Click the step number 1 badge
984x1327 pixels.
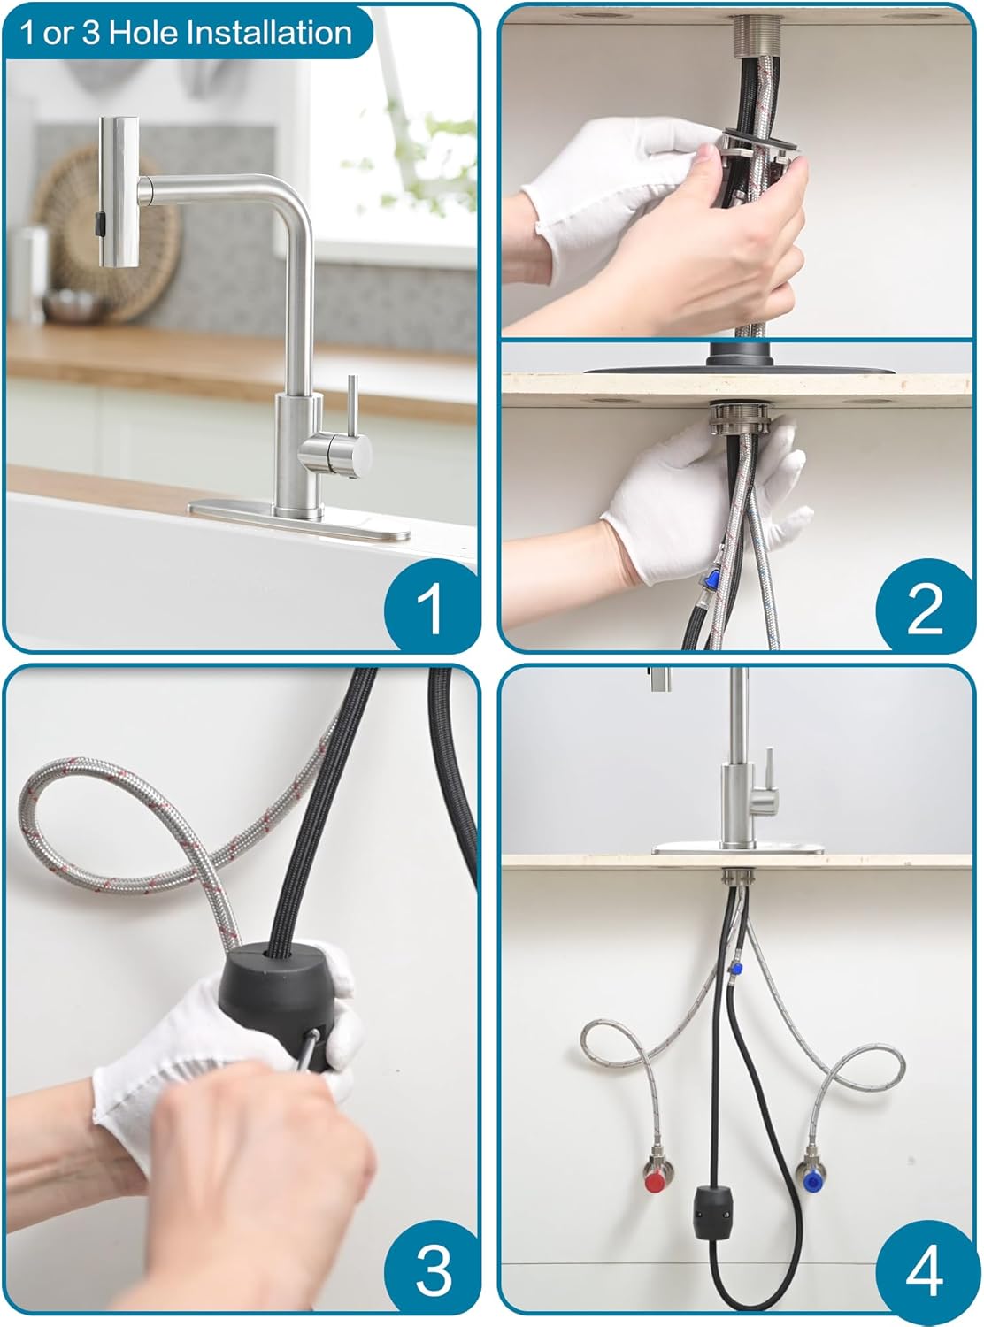431,608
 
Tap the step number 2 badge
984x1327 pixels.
924,608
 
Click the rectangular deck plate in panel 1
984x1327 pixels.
299,520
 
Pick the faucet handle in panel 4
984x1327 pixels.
768,787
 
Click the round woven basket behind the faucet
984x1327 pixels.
106,230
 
